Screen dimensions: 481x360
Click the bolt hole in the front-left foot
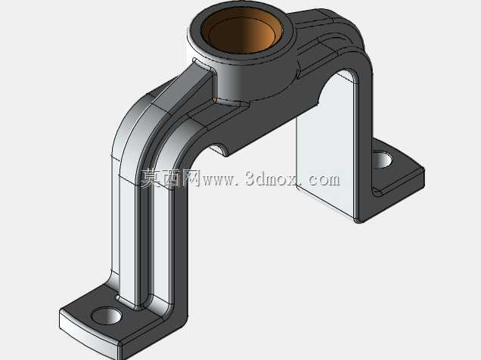click(107, 316)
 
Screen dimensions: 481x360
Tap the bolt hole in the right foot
click(382, 160)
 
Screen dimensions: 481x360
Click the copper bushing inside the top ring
click(242, 31)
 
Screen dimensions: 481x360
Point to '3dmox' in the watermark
click(271, 178)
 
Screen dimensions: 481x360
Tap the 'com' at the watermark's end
click(324, 180)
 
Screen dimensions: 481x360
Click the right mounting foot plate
click(396, 178)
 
